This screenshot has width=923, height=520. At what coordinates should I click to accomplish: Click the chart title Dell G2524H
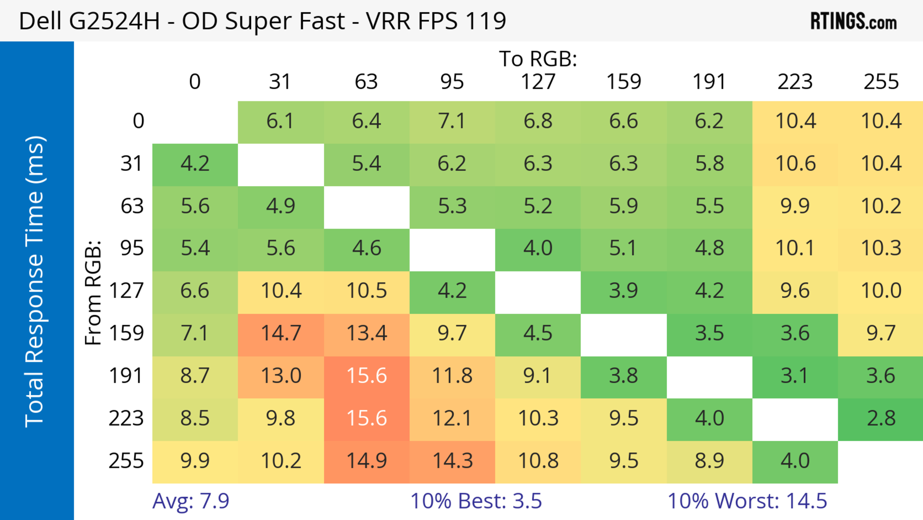tap(262, 21)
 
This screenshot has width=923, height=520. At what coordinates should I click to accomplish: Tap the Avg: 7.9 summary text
tap(191, 501)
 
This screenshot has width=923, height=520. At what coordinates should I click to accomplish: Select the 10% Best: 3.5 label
tap(476, 501)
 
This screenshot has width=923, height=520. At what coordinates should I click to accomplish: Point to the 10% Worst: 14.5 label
tap(747, 501)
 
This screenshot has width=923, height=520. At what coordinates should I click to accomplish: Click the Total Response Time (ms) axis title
tap(35, 282)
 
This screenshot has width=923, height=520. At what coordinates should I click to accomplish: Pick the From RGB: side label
tap(93, 292)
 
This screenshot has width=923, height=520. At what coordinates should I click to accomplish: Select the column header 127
tap(538, 82)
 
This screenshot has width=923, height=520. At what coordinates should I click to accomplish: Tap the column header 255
tap(881, 82)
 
